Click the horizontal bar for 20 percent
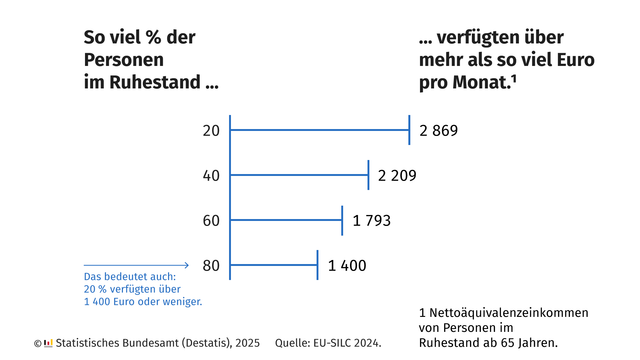coord(320,130)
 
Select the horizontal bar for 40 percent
coord(300,175)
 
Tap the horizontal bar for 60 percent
coord(286,220)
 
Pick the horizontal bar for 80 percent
coord(274,265)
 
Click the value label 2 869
coord(439,131)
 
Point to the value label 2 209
coord(397,176)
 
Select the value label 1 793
coord(370,220)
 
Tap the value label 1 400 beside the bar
coord(347,265)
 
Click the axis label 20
coord(210,131)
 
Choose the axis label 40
coord(210,176)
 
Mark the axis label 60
coord(210,220)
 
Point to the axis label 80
coord(210,265)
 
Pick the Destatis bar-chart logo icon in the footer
coord(47,343)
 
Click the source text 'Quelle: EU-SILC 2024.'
coord(328,343)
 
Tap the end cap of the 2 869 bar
coord(410,130)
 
